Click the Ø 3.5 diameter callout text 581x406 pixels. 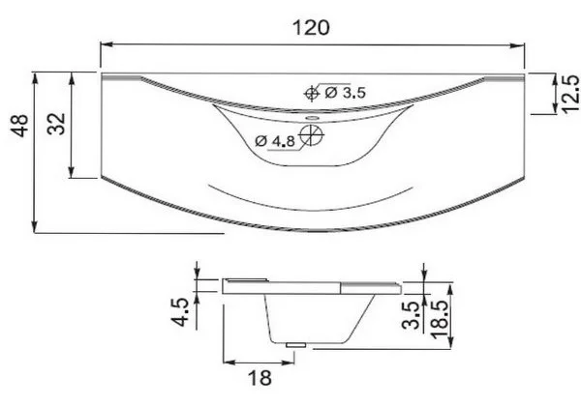(x=345, y=93)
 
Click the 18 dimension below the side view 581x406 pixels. (x=259, y=378)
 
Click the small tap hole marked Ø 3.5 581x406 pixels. (x=311, y=94)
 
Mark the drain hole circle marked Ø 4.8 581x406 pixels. (x=311, y=136)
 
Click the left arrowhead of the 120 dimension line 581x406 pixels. (x=106, y=43)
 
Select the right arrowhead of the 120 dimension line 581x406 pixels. (x=522, y=43)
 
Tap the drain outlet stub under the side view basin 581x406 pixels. (x=296, y=344)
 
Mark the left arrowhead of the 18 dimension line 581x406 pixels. (x=228, y=362)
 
